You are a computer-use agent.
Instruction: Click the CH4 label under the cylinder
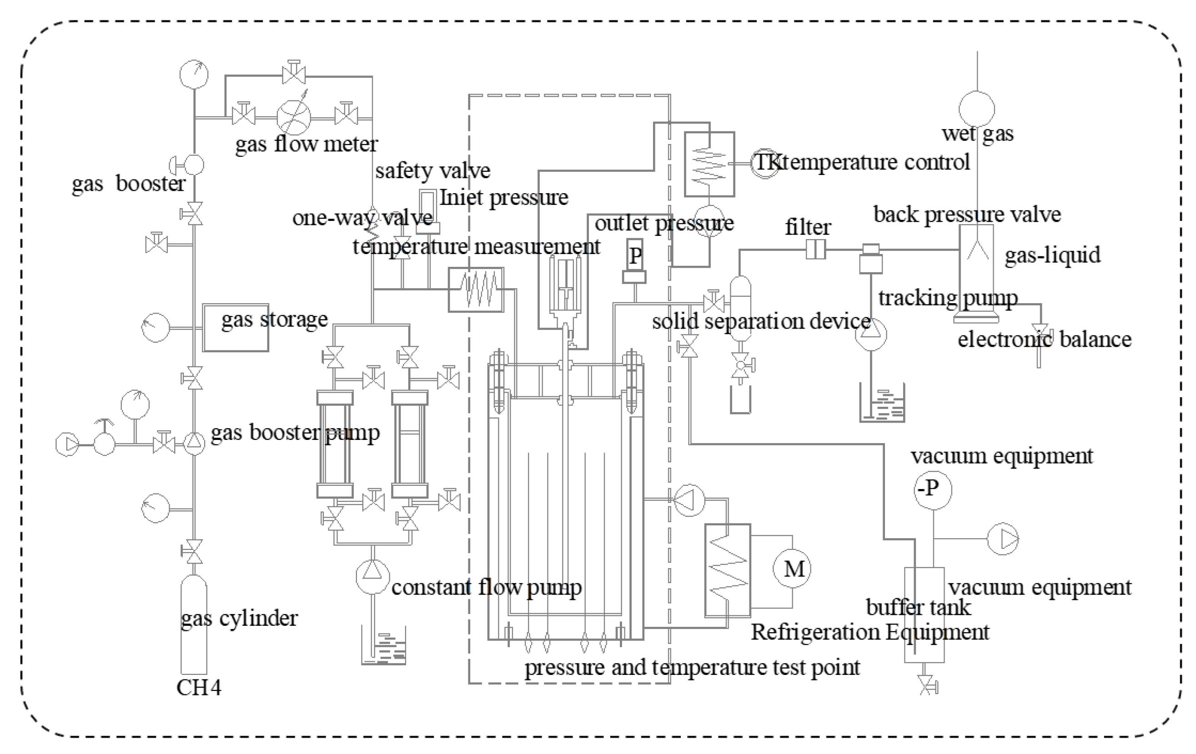(199, 688)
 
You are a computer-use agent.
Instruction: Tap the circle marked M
(792, 569)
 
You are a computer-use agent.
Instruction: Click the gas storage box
(236, 328)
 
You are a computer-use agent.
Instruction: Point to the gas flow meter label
(307, 145)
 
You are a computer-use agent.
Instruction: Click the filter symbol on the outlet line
(815, 249)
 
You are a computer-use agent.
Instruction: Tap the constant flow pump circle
(372, 576)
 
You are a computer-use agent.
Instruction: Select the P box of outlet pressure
(635, 255)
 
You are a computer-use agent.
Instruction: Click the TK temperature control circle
(765, 163)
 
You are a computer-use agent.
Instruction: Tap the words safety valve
(432, 171)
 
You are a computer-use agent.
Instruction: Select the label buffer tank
(918, 608)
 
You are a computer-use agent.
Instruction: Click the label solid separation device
(761, 322)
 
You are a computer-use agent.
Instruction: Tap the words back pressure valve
(966, 215)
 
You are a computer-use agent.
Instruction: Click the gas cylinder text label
(239, 619)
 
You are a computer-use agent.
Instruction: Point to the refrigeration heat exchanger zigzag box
(727, 570)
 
